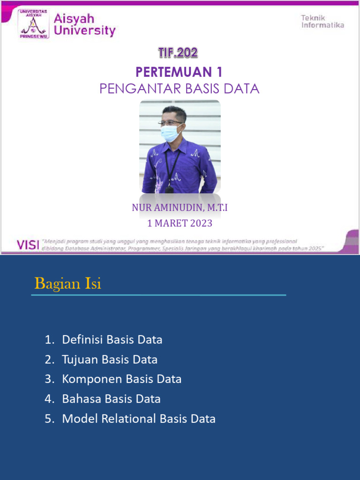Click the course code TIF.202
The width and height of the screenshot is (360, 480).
[x=178, y=53]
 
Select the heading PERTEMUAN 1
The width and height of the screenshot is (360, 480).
[x=179, y=72]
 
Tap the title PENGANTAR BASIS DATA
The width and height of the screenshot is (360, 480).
[x=179, y=88]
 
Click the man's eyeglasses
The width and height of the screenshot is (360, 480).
[x=171, y=123]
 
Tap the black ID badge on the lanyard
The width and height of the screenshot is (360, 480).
[x=169, y=189]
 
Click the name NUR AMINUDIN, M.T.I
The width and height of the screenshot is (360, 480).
[x=180, y=208]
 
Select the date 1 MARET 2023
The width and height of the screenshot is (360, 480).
[x=180, y=223]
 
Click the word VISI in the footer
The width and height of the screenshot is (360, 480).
[x=28, y=245]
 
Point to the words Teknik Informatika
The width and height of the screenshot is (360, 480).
[x=322, y=22]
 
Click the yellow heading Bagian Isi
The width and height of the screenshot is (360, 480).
[x=68, y=284]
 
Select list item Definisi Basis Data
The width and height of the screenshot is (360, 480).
[x=112, y=340]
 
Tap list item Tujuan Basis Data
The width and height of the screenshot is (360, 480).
[x=110, y=360]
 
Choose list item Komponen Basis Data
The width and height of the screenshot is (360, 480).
[x=121, y=379]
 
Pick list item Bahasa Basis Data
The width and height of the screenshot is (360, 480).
[x=111, y=399]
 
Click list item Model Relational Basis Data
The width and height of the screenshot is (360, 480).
[x=139, y=419]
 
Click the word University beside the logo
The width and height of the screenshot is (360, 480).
[x=85, y=31]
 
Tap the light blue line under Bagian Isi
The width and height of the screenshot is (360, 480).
[x=158, y=295]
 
